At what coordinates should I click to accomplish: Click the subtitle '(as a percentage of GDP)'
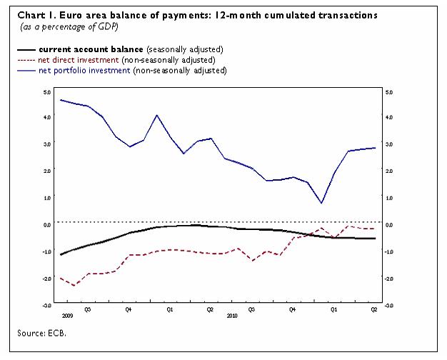(x=68, y=26)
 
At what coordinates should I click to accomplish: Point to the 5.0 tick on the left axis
(x=47, y=91)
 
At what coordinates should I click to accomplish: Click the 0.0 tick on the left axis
(x=47, y=224)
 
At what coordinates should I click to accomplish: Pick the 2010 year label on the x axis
(x=231, y=315)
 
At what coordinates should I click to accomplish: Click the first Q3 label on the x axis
(x=87, y=309)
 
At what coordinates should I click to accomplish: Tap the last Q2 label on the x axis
(x=373, y=309)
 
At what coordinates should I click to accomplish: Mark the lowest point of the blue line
(x=321, y=203)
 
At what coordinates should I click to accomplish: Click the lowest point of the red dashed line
(x=74, y=285)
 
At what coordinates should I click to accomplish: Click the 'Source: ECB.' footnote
(x=44, y=332)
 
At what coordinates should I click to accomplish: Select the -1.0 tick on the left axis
(x=46, y=251)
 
